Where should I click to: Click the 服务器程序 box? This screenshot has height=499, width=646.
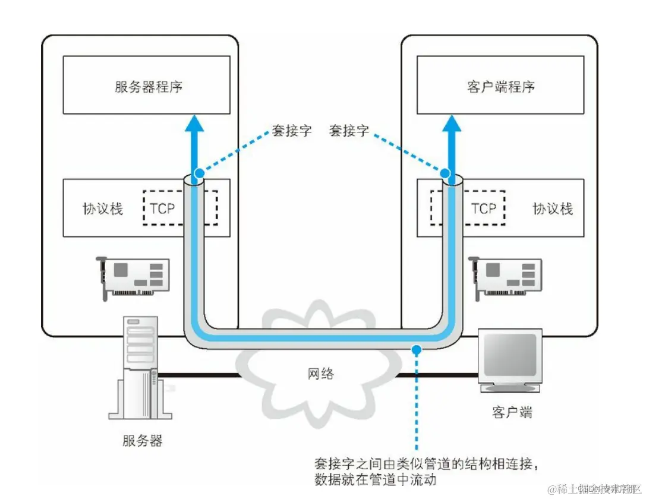click(147, 85)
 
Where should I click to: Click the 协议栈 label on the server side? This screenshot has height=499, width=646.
click(102, 209)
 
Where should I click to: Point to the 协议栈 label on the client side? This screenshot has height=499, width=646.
click(553, 209)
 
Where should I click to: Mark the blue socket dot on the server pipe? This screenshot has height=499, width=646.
click(199, 173)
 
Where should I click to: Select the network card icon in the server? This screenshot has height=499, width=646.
click(133, 276)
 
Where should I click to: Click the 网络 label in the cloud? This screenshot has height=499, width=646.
click(321, 374)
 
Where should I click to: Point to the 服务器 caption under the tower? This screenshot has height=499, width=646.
click(143, 441)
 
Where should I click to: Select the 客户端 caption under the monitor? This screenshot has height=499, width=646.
click(512, 412)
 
